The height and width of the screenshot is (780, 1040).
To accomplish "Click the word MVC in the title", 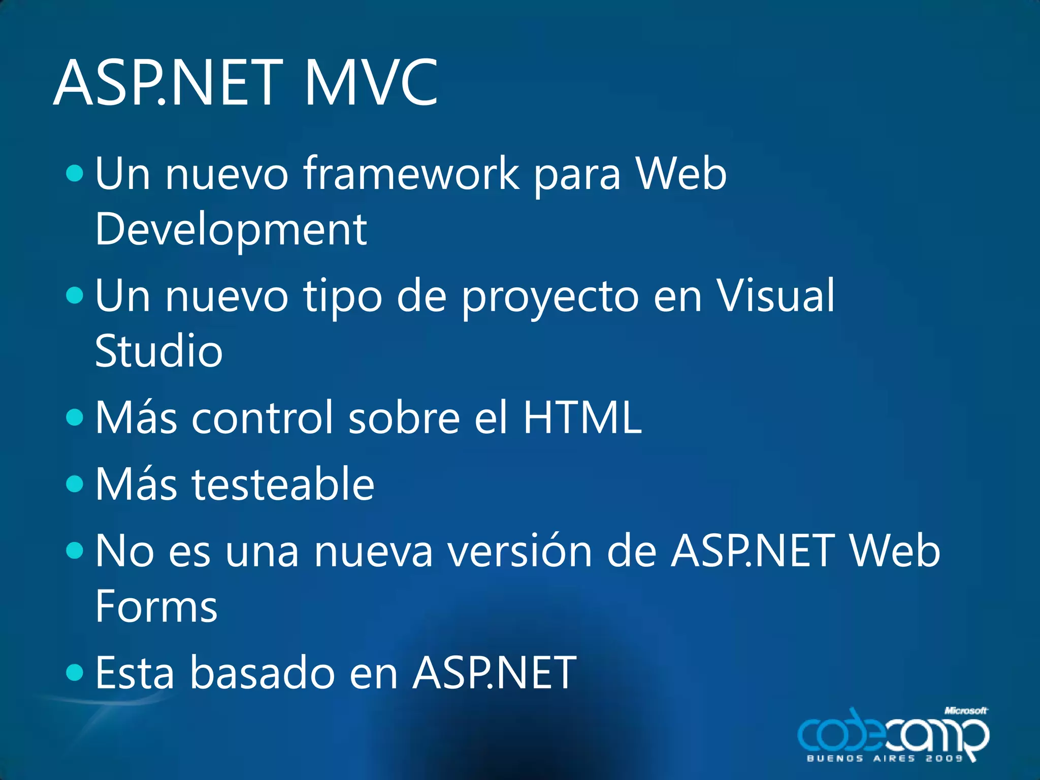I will [371, 83].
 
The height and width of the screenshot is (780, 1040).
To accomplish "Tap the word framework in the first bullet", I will [411, 174].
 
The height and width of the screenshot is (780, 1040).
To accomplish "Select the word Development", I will [231, 230].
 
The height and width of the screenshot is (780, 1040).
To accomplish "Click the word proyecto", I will [550, 297].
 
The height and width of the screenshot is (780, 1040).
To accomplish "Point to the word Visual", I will [775, 296].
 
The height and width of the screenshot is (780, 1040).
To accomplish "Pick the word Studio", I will [159, 351].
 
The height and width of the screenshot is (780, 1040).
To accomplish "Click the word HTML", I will [582, 417].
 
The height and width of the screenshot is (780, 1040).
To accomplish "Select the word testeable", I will [283, 484].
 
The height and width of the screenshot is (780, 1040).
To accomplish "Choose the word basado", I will [262, 673].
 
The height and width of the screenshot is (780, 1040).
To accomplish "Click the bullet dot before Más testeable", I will [75, 483].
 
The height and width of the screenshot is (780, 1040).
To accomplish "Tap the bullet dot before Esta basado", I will [75, 672].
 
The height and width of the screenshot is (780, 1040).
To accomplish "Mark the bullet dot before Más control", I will [75, 417].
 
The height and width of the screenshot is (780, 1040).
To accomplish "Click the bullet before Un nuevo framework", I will [75, 173].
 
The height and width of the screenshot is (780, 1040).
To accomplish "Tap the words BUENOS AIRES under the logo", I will [861, 758].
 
